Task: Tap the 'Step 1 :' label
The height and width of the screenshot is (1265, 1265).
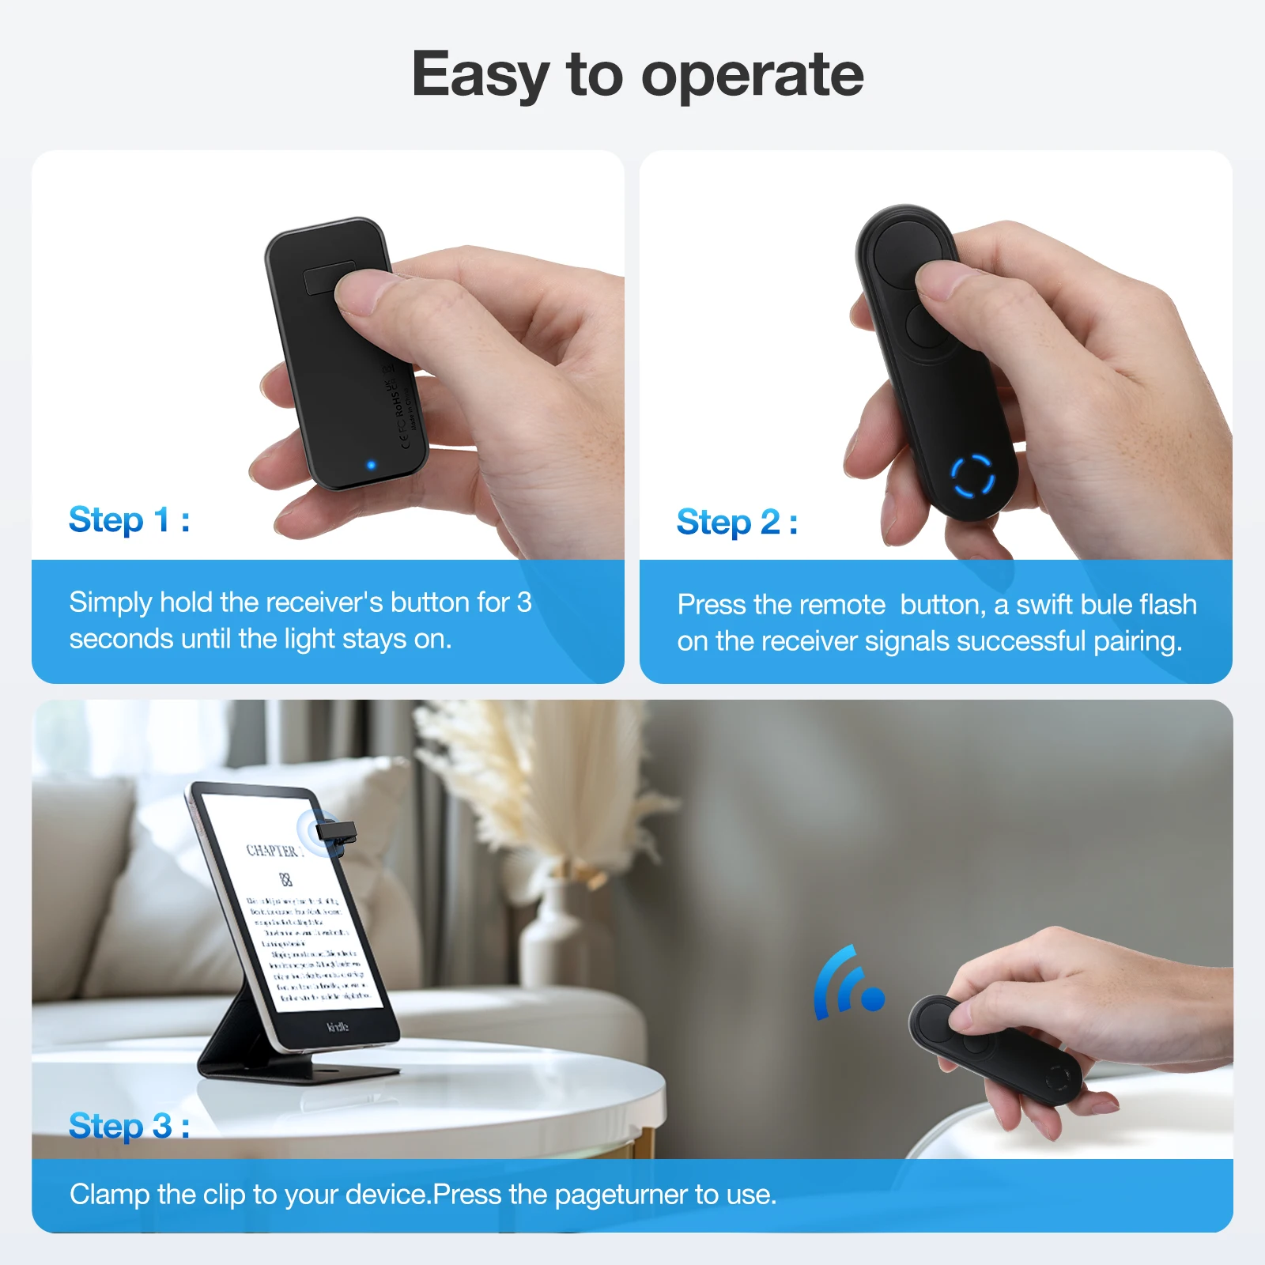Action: click(x=129, y=520)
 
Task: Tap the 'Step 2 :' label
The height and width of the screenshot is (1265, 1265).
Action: click(x=736, y=523)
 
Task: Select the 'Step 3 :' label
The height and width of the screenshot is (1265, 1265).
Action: click(x=129, y=1126)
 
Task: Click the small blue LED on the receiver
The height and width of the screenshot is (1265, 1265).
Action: click(x=371, y=466)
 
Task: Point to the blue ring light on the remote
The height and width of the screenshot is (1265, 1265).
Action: click(x=972, y=477)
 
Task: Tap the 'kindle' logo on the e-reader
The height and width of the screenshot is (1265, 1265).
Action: click(x=338, y=1026)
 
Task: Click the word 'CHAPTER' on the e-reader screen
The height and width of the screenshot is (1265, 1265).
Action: click(x=272, y=851)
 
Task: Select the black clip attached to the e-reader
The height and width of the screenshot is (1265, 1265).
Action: click(x=336, y=833)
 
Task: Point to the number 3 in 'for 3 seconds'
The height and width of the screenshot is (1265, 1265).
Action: click(x=523, y=602)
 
